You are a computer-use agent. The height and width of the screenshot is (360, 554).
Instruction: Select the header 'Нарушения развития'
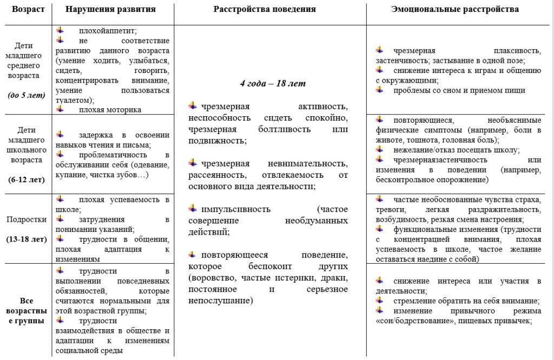pyautogui.click(x=110, y=10)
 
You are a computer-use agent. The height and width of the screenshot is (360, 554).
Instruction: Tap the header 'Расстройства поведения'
pyautogui.click(x=265, y=10)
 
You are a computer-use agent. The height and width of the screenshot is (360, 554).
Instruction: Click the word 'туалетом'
pyautogui.click(x=74, y=100)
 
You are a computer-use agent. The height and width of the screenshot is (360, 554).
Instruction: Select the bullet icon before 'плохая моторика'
pyautogui.click(x=60, y=109)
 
